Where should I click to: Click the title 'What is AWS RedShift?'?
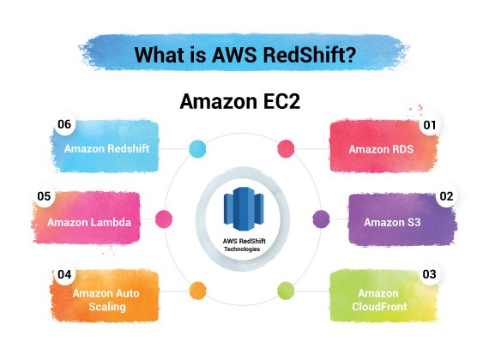point(244,55)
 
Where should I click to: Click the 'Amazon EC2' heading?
point(240,101)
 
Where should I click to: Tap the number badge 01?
point(430,125)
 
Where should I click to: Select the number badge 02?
point(446,196)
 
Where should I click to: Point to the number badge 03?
point(429,274)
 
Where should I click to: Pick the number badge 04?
point(64,274)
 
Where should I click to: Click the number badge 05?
point(44,196)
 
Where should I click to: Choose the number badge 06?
point(64,124)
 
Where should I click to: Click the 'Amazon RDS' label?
point(381,149)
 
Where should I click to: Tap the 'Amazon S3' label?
point(392,222)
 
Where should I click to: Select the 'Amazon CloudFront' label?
point(379,300)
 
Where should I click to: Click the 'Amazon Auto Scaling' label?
point(106,300)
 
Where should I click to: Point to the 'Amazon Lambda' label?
point(89,222)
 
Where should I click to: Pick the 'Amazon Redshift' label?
point(106,148)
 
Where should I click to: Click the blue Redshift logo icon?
point(244,208)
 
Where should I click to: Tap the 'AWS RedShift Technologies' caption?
point(244,245)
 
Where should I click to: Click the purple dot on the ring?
point(321,219)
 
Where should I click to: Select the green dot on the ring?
point(286,291)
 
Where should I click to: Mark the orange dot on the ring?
point(197,291)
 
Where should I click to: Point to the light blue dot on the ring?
point(197,148)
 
